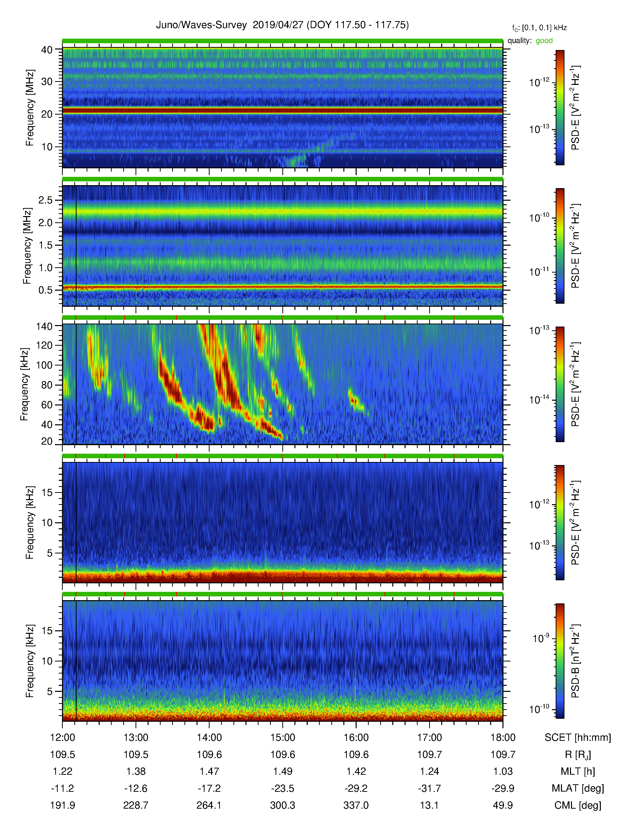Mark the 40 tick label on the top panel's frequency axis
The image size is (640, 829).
click(x=47, y=50)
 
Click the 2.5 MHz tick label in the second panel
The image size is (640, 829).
click(x=45, y=200)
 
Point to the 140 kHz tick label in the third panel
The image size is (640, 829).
click(x=44, y=326)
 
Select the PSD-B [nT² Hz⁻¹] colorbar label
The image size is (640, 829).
click(x=575, y=661)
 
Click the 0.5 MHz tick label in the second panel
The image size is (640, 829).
click(x=45, y=290)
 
